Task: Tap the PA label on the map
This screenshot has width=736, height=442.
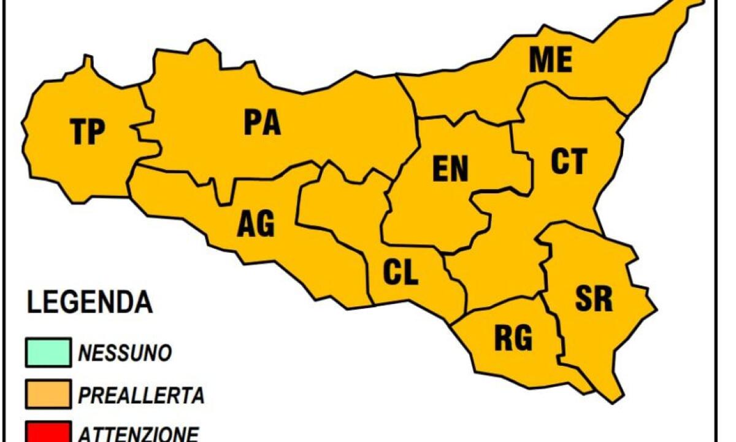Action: click(x=262, y=122)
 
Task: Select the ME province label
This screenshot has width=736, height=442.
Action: click(x=551, y=60)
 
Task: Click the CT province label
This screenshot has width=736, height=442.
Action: click(x=569, y=161)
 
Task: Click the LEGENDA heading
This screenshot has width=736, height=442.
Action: click(x=90, y=303)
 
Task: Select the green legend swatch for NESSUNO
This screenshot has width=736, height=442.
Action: click(x=48, y=352)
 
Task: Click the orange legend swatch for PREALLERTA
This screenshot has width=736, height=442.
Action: click(x=48, y=394)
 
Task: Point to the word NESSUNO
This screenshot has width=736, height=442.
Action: click(x=125, y=353)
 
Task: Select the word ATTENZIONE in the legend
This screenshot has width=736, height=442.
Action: click(x=138, y=433)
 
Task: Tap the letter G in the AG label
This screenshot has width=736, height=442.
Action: click(x=266, y=225)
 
